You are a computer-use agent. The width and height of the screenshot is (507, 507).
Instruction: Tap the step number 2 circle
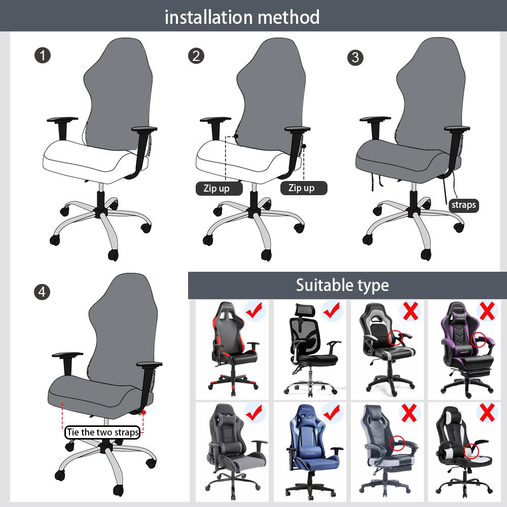196,55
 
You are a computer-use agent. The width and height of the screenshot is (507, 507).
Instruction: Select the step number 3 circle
355,57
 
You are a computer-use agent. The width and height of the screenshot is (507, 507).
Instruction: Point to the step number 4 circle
42,292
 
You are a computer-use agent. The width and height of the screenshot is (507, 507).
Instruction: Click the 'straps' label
463,205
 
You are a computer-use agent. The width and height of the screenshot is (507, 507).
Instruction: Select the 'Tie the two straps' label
102,432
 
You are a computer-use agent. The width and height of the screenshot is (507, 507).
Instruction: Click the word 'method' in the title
288,17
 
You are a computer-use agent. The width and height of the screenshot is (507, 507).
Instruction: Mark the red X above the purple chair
487,310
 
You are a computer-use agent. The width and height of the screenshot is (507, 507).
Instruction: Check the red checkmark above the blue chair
332,412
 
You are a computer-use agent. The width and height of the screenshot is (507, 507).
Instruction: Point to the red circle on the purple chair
478,340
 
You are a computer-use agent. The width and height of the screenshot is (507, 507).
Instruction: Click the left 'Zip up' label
216,188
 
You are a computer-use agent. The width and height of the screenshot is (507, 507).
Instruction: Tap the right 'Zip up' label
302,188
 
